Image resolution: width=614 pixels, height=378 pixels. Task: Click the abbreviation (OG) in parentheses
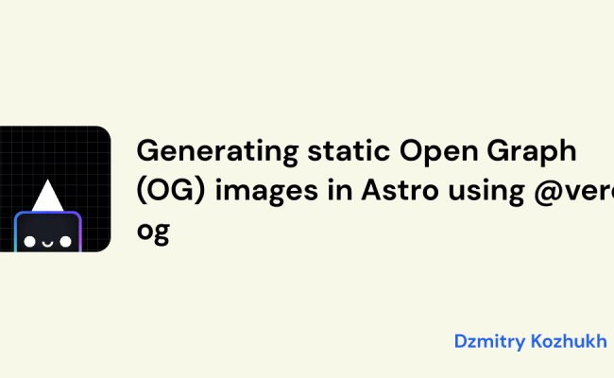coord(168,193)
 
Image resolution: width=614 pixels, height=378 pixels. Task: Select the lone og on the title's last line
coord(153,232)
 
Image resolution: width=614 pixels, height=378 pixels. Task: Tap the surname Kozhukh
coord(572,341)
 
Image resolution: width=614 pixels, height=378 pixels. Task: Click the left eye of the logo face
coord(28,242)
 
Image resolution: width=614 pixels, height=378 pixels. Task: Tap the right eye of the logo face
coord(64,242)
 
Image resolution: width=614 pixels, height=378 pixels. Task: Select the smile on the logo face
coord(46,243)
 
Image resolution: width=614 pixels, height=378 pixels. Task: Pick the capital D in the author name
coord(460,341)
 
